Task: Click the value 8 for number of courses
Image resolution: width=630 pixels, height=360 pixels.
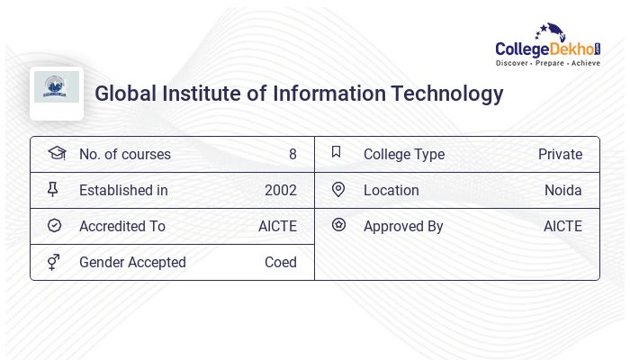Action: [292, 155]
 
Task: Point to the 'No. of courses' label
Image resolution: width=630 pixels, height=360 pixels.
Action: [124, 155]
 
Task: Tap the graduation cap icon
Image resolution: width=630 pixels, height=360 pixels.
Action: [56, 153]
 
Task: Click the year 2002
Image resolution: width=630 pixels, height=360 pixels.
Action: [280, 191]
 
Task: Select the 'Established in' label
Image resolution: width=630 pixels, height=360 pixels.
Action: [123, 191]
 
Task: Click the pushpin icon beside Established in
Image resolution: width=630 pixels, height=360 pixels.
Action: [53, 189]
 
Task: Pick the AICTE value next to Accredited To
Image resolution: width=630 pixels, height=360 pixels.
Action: [277, 227]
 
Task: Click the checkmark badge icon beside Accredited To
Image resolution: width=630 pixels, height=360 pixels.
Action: [54, 225]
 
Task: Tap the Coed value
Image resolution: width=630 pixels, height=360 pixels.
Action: [280, 263]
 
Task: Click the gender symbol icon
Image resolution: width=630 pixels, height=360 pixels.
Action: [54, 261]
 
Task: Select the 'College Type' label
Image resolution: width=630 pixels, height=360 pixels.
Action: [403, 155]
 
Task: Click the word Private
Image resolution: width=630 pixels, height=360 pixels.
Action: [560, 155]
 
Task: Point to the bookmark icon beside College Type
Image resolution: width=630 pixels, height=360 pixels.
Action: [337, 152]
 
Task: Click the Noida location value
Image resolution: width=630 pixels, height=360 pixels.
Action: [562, 191]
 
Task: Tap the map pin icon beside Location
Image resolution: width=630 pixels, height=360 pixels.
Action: [338, 189]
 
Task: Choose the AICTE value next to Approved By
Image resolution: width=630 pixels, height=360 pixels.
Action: [562, 227]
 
